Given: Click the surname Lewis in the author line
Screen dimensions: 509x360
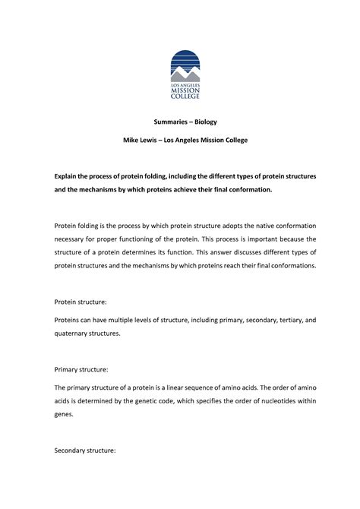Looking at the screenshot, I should [154, 141].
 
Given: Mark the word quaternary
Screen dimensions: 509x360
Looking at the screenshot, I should [75, 333].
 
